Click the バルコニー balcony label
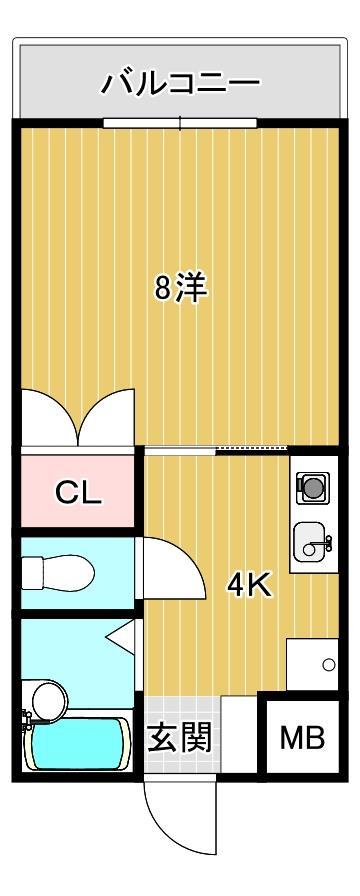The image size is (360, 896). [x=181, y=83]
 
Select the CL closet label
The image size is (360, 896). [x=77, y=492]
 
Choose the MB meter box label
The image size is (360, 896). [x=302, y=739]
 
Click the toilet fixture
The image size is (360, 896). [x=60, y=573]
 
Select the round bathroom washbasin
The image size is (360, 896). [x=44, y=695]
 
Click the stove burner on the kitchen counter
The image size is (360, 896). [x=313, y=487]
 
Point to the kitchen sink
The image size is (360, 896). [x=313, y=542]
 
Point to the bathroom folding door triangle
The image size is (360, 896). [x=122, y=635]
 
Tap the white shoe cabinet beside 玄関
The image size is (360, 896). [x=238, y=734]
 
